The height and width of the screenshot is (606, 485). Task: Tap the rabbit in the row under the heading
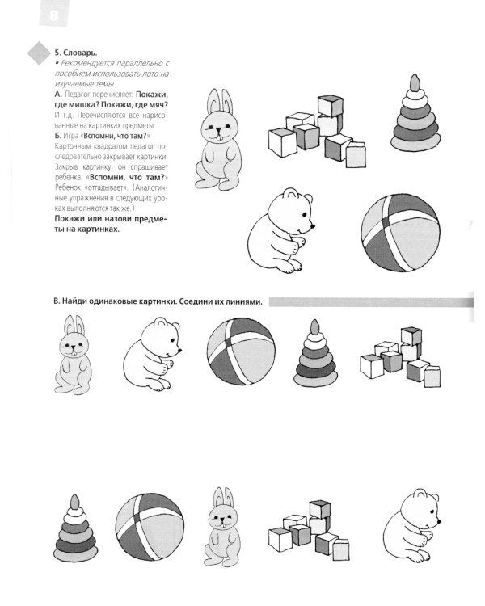(71, 355)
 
